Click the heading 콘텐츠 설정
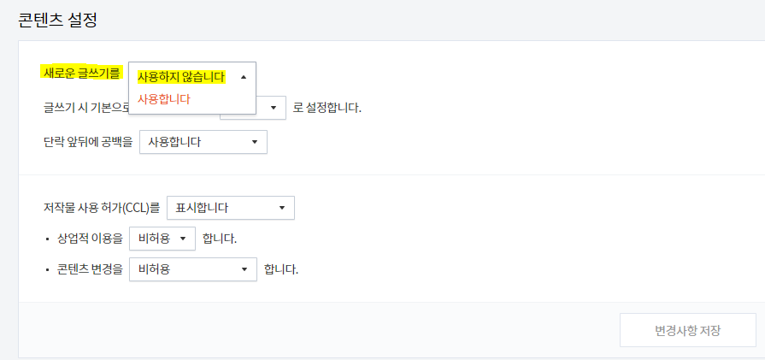[57, 20]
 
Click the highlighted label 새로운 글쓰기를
[80, 74]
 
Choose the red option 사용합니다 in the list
[164, 99]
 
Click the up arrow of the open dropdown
[244, 77]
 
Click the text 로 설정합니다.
[327, 108]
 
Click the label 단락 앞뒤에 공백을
[87, 141]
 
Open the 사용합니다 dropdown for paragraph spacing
[203, 142]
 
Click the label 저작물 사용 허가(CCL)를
[101, 207]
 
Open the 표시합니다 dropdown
[231, 208]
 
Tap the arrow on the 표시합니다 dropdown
[282, 208]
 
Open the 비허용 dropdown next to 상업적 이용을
[162, 239]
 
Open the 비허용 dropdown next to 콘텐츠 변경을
[192, 269]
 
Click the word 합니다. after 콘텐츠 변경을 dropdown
[281, 269]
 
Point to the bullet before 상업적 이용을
[47, 239]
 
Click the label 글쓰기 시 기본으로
[85, 108]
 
